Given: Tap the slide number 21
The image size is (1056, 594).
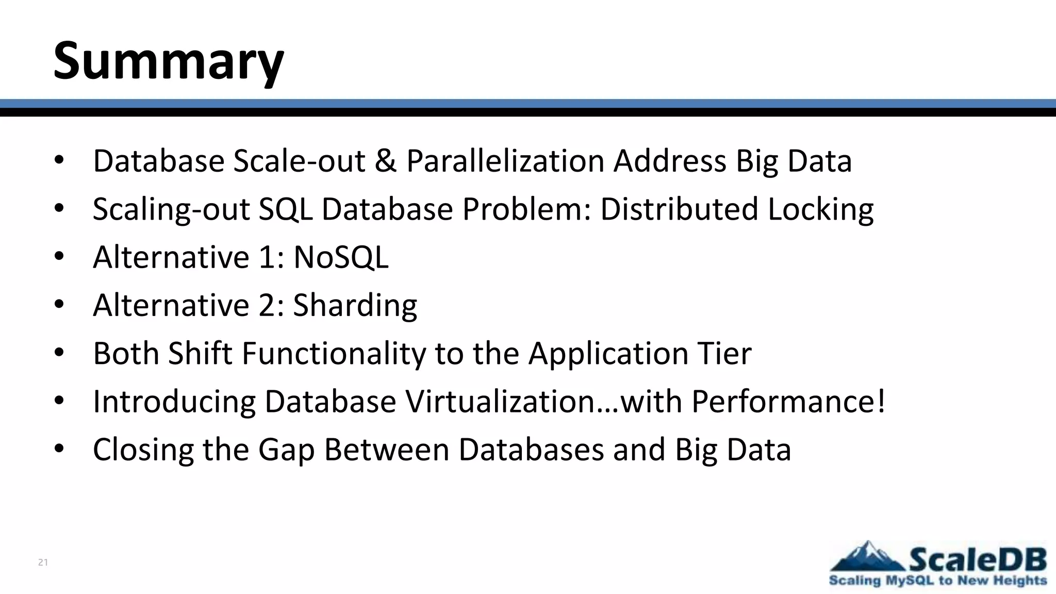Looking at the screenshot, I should pos(43,563).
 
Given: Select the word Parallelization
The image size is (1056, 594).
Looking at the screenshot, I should pos(505,161).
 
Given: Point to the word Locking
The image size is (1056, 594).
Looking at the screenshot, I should pos(820,209).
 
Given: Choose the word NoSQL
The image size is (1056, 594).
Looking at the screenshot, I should pos(341,257).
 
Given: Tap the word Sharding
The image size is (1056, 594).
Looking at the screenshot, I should pos(355,305).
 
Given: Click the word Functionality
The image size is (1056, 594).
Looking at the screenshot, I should pos(334,354).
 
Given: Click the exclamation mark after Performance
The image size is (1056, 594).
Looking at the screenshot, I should pos(881,402).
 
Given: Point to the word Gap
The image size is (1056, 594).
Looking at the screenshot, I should pos(286,450).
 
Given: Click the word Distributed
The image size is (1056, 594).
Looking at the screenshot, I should pos(679,209).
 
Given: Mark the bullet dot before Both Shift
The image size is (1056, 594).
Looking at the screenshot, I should pos(59,353).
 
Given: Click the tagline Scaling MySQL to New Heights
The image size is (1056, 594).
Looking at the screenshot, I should pos(938,581).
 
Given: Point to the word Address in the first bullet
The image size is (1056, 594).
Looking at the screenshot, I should pos(670,161).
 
